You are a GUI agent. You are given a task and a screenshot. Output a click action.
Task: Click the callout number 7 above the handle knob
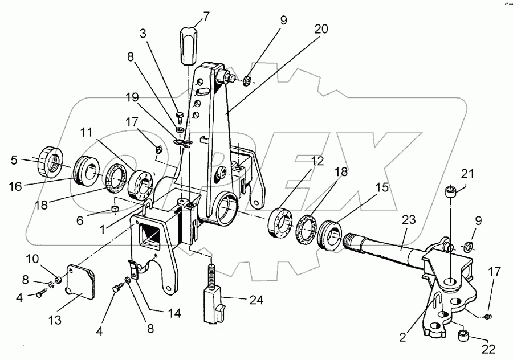pos(206,17)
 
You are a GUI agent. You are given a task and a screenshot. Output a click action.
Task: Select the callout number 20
pos(321,29)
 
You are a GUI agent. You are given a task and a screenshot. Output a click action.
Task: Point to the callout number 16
pos(16,186)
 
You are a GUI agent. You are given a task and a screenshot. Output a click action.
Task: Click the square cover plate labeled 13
pos(80,282)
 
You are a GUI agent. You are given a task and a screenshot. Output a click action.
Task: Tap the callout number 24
pos(256,300)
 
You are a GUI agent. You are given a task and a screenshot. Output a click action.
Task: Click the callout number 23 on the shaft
pos(409,219)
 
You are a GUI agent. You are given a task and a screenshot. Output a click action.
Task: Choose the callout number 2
pos(403,337)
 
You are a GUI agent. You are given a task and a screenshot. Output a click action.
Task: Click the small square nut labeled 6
pos(115,208)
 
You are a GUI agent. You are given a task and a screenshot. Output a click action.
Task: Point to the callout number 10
pos(32,259)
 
